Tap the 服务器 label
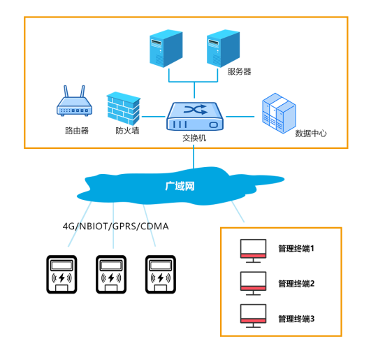[x=239, y=71]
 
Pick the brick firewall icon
[x=124, y=108]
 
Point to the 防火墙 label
[x=127, y=131]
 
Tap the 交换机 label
[x=194, y=138]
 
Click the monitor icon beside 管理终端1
[x=252, y=250]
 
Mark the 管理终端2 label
[x=296, y=283]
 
